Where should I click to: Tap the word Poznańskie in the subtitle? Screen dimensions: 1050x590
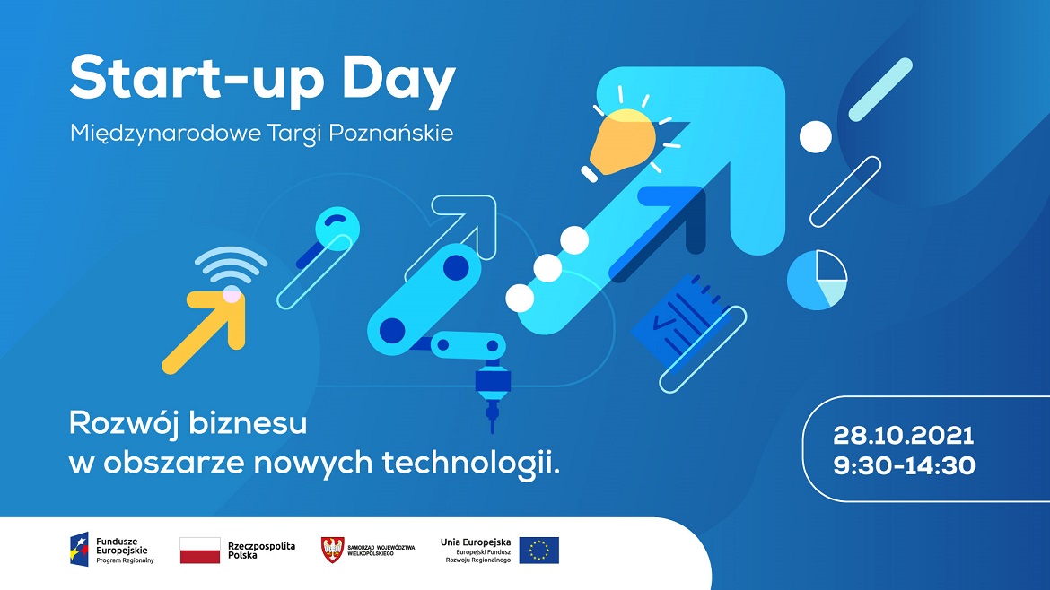391,134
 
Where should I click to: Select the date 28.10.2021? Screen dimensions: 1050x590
904,436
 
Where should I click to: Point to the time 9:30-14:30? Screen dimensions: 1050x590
904,464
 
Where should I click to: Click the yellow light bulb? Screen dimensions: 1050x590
621,142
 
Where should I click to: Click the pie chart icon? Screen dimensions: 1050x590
817,280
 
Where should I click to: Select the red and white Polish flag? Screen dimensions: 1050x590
199,551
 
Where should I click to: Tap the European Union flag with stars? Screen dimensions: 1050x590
539,551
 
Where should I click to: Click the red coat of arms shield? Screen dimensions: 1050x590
332,550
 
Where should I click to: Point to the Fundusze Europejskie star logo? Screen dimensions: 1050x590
79,549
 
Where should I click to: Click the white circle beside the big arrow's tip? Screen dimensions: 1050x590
816,137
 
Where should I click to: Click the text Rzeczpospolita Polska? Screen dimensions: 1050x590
261,551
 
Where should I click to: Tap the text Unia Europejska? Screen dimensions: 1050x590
476,542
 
